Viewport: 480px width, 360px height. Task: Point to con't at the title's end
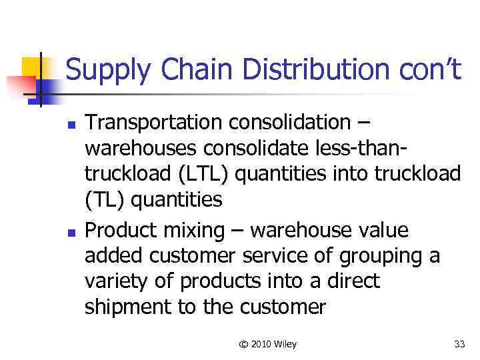coord(427,70)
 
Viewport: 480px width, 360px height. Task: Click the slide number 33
coord(459,344)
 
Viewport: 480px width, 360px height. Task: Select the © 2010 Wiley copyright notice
coord(268,344)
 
